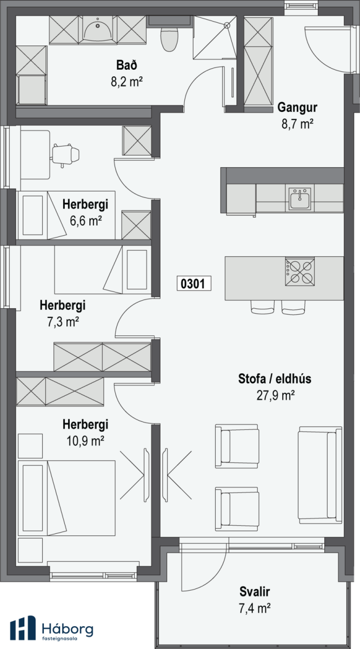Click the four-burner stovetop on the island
click(x=300, y=271)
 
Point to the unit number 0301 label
click(x=194, y=283)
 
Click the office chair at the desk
click(x=65, y=155)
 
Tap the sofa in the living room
click(x=321, y=475)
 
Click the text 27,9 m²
click(x=276, y=395)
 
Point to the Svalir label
click(x=255, y=591)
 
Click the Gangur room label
click(x=297, y=107)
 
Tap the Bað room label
click(x=126, y=65)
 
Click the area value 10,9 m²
click(x=85, y=441)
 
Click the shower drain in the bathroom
click(x=227, y=26)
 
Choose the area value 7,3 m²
click(x=63, y=322)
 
